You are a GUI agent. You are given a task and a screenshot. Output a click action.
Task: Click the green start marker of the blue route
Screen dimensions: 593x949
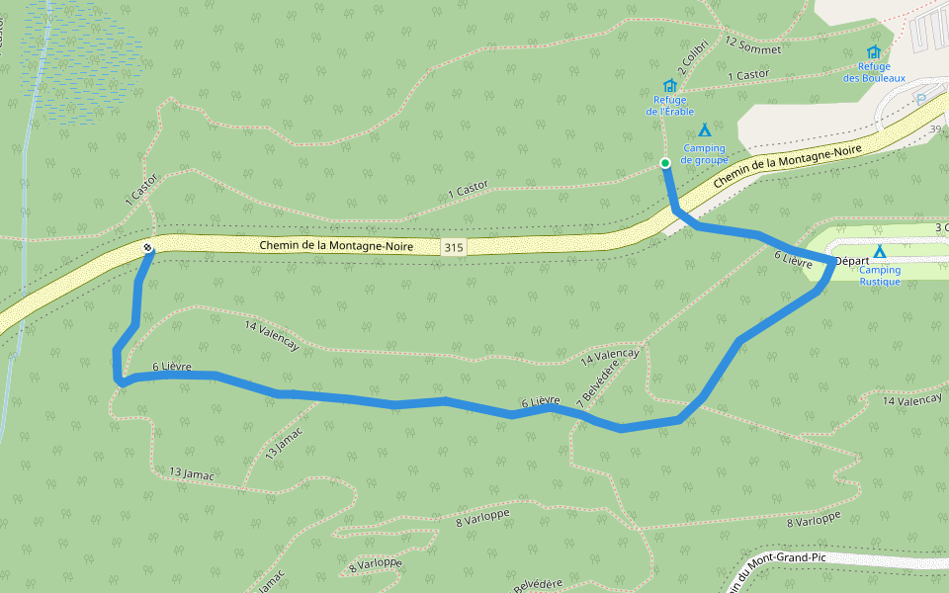[665, 163]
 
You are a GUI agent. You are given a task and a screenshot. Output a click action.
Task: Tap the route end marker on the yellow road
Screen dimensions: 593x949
[147, 248]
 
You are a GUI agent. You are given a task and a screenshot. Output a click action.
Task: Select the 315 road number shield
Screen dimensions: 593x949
[454, 246]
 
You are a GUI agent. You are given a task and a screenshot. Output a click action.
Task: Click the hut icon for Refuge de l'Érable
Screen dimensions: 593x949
[670, 86]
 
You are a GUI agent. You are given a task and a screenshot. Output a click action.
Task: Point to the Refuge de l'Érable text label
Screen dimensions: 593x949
[670, 106]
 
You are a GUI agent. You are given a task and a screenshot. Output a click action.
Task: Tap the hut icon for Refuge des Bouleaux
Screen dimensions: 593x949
[873, 52]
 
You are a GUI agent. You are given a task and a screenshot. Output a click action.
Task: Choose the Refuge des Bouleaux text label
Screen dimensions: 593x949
[874, 72]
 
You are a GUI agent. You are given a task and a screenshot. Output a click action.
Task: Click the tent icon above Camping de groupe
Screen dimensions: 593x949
[705, 130]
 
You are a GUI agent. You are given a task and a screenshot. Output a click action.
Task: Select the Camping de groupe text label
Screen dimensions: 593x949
[705, 154]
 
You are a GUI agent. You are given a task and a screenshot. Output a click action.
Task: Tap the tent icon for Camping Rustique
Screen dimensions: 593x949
[879, 252]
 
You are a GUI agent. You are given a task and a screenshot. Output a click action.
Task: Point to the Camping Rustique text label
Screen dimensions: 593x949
[879, 276]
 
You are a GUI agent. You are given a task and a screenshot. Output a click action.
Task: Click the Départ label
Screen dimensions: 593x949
[851, 261]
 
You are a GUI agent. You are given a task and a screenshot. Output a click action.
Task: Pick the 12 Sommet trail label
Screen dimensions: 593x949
[753, 45]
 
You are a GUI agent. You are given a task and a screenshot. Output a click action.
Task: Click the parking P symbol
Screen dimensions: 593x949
[921, 99]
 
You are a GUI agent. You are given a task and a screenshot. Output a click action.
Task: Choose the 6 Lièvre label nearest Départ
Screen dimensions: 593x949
[793, 260]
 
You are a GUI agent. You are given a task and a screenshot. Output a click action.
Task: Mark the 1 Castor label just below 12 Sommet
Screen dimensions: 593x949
[747, 75]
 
